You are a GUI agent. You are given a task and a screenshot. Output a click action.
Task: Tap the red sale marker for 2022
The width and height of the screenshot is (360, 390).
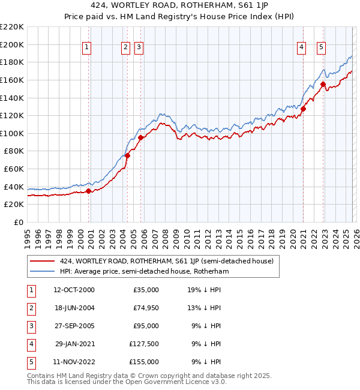point(323,85)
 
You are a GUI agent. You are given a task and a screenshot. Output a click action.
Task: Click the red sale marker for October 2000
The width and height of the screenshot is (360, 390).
point(88,191)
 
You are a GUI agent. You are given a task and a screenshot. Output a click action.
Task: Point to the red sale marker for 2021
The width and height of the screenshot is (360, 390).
point(304,109)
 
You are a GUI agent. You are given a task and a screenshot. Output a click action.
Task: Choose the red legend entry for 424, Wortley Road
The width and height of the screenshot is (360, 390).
point(166,261)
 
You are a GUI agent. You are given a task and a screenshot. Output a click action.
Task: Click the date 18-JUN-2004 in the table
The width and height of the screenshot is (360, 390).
point(74,308)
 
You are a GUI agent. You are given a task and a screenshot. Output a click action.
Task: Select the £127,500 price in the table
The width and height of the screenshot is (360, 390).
point(144,344)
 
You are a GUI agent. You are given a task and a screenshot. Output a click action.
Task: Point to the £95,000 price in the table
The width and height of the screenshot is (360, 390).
point(146,326)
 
